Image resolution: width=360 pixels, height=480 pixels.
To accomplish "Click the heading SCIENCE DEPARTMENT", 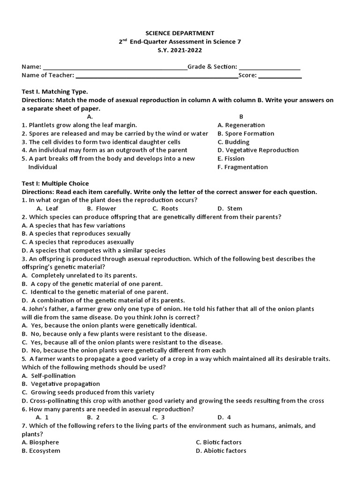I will tap(180, 33).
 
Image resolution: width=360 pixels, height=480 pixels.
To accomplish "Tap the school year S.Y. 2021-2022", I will tap(180, 50).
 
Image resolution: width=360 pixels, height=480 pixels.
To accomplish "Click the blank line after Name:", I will tap(115, 67).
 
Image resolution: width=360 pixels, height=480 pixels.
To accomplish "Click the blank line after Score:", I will tap(280, 76).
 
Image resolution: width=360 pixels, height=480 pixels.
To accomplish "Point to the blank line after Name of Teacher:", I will tap(157, 76).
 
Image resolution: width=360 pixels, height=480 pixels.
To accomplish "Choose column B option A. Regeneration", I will tap(241, 125).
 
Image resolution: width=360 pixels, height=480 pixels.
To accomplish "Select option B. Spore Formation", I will tap(246, 134).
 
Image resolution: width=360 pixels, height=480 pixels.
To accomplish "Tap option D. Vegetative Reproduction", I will tap(258, 150).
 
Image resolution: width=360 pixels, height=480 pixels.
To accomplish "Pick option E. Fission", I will tap(231, 159).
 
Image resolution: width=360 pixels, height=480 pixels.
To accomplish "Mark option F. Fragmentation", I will tap(242, 167).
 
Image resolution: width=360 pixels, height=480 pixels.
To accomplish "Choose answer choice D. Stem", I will tap(230, 209).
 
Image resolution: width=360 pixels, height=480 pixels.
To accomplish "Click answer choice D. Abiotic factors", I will tap(221, 451).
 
